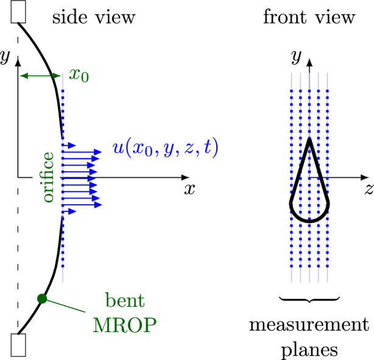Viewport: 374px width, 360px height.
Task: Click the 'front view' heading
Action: pyautogui.click(x=309, y=17)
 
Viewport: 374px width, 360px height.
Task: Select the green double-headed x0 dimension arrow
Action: pyautogui.click(x=41, y=76)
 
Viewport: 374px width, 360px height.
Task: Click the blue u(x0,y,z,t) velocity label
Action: pyautogui.click(x=166, y=148)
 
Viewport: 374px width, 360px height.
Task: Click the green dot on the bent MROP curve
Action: pyautogui.click(x=41, y=298)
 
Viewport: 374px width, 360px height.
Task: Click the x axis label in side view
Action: pyautogui.click(x=189, y=189)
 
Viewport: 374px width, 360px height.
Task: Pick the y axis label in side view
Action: pyautogui.click(x=5, y=57)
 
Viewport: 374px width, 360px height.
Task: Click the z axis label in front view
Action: pyautogui.click(x=369, y=189)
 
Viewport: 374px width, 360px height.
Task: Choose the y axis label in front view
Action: pyautogui.click(x=296, y=57)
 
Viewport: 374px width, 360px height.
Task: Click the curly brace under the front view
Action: pyautogui.click(x=309, y=299)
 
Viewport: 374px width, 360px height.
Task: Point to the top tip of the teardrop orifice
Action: pyautogui.click(x=309, y=139)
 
